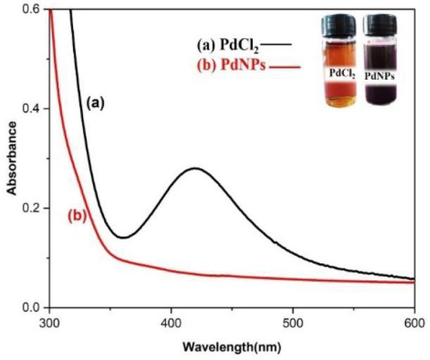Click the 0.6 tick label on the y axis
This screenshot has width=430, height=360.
click(x=33, y=9)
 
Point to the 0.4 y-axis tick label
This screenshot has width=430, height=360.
click(x=33, y=108)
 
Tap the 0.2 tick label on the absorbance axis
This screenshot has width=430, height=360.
click(x=33, y=208)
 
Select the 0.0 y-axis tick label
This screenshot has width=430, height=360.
click(x=33, y=307)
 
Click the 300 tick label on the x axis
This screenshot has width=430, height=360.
click(x=49, y=323)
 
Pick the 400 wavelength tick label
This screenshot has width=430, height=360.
click(x=171, y=323)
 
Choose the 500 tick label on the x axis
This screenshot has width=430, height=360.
click(x=293, y=323)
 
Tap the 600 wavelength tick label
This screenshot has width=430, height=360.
click(x=414, y=323)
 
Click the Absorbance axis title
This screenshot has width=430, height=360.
click(x=12, y=159)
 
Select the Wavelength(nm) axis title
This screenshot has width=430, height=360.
click(x=232, y=347)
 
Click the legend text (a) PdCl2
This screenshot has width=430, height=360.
click(x=228, y=45)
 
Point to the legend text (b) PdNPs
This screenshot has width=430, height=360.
click(x=231, y=66)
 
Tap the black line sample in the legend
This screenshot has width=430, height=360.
click(x=276, y=44)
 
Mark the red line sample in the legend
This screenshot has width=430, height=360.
click(x=284, y=66)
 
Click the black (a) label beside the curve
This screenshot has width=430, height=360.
click(x=96, y=104)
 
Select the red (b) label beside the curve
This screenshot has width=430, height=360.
click(x=77, y=216)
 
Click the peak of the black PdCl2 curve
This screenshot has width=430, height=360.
click(x=195, y=168)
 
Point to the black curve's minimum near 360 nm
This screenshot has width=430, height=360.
click(x=123, y=237)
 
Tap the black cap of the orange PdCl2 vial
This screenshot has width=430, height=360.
click(x=339, y=25)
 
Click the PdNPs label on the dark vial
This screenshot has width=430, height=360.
click(x=379, y=77)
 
